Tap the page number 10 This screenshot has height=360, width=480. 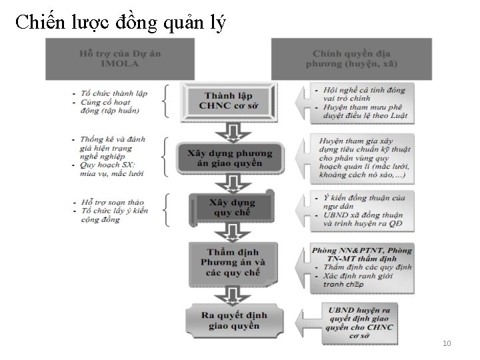coord(447,343)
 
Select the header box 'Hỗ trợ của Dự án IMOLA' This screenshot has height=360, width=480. coord(119,59)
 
